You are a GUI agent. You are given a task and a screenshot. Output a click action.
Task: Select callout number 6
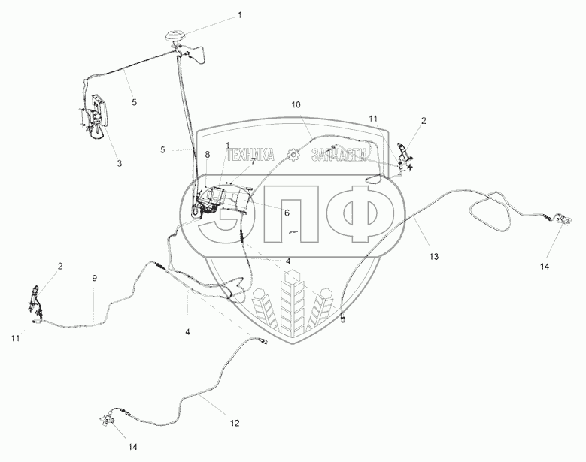pos(286,213)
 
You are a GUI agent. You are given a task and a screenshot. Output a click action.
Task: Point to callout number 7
pos(253,160)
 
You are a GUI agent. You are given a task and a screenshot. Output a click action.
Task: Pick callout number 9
pos(94,279)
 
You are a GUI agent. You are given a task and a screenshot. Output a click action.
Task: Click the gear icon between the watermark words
pos(295,155)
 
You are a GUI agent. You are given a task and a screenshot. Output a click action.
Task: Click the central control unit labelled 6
pos(226,201)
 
